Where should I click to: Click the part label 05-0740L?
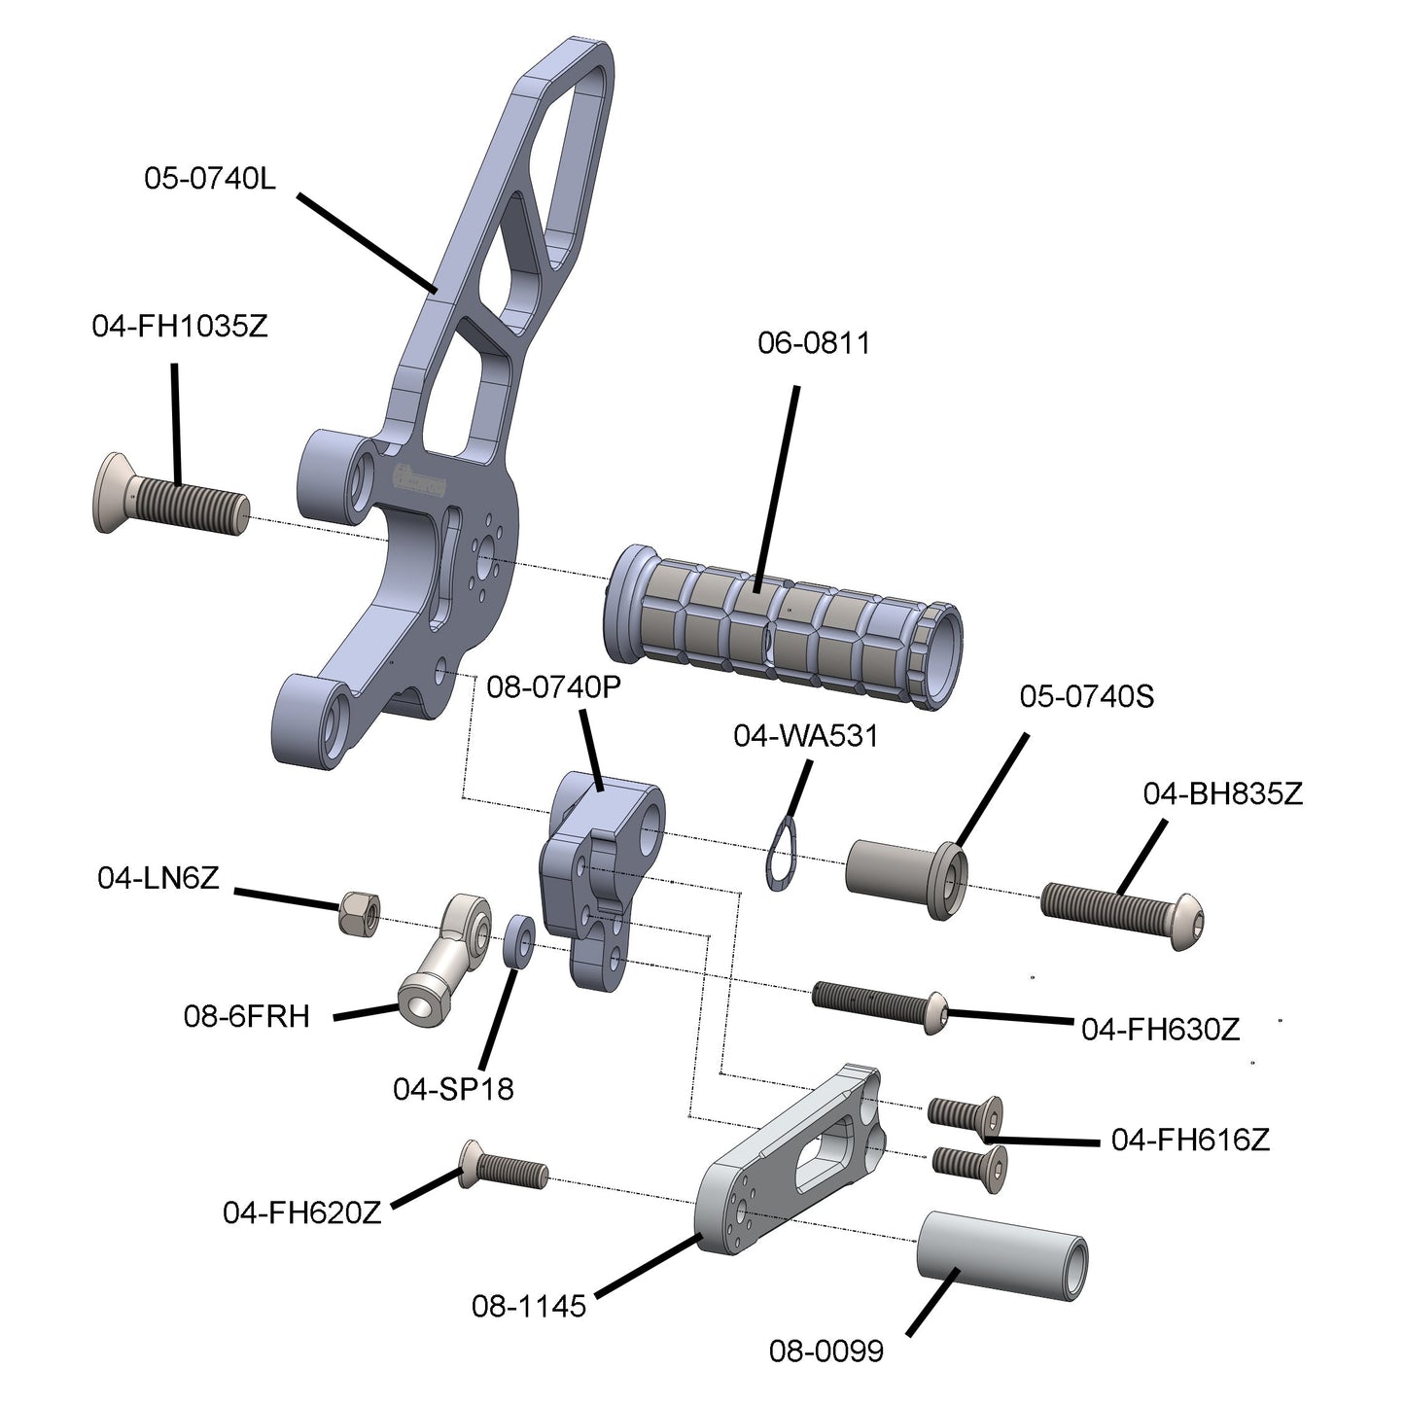point(210,178)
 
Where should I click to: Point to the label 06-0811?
point(814,343)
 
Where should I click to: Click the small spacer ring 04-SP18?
point(518,940)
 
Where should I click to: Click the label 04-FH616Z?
point(1190,1140)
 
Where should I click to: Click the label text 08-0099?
point(825,1351)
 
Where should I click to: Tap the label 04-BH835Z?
point(1222,794)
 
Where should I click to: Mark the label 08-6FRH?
point(246,1016)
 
